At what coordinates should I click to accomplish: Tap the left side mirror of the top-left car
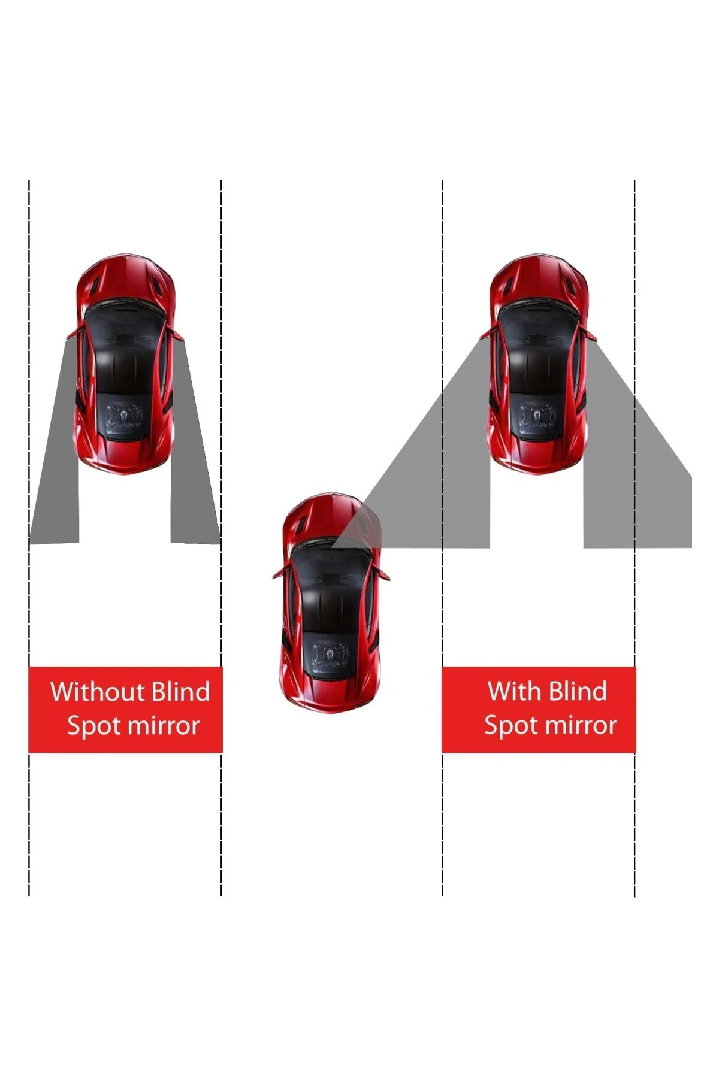click(72, 333)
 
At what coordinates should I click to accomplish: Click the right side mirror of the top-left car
click(177, 333)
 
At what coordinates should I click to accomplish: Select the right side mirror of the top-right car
click(591, 334)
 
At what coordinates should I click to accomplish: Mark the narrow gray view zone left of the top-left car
click(55, 443)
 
